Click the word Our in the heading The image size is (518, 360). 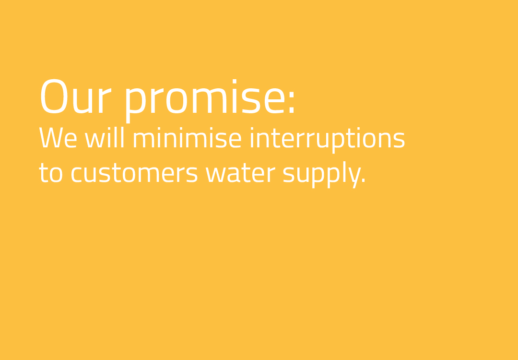tap(76, 96)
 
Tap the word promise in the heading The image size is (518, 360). tap(205, 101)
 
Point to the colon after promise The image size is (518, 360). tap(292, 102)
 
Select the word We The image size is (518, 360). tap(58, 138)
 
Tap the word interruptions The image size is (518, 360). tap(328, 141)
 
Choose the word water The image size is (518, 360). tap(240, 173)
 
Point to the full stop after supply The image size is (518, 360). tap(364, 180)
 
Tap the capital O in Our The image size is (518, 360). tap(54, 96)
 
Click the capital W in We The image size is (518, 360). tap(51, 138)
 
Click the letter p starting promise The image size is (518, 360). tap(136, 106)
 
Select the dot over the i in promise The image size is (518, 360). tap(234, 81)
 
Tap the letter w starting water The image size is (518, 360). tap(216, 175)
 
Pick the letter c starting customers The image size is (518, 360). tap(76, 175)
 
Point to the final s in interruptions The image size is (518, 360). tap(399, 140)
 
